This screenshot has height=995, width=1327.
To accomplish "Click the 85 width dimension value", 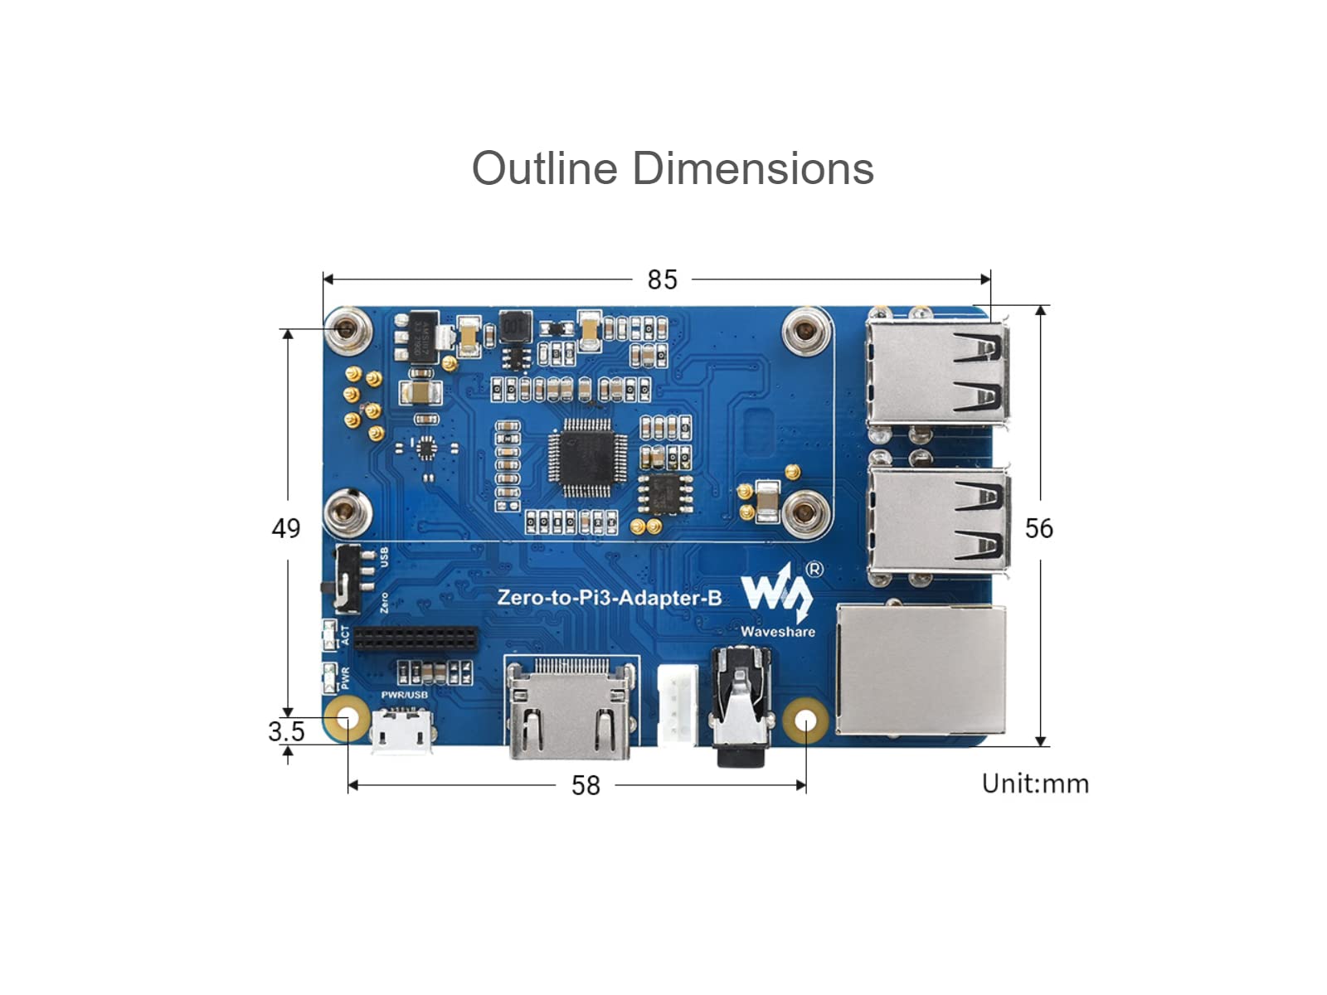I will [x=662, y=280].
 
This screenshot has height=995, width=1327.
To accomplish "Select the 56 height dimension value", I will [x=1038, y=528].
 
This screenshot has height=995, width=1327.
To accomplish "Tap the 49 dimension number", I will [x=286, y=528].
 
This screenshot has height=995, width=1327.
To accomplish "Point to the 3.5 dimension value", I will [x=286, y=731].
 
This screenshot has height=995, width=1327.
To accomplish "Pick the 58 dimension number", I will [x=586, y=785].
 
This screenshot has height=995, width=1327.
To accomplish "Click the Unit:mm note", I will [x=1035, y=784].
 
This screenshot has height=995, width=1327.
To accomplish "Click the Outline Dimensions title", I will [x=673, y=168].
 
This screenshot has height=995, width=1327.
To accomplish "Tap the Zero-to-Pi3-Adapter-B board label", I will [x=610, y=597].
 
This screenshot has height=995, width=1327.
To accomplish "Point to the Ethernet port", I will [x=921, y=670].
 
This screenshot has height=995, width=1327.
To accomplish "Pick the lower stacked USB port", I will [x=937, y=520].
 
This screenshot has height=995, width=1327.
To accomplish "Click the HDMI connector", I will [x=570, y=710].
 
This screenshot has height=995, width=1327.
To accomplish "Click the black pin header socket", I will [x=416, y=638].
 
